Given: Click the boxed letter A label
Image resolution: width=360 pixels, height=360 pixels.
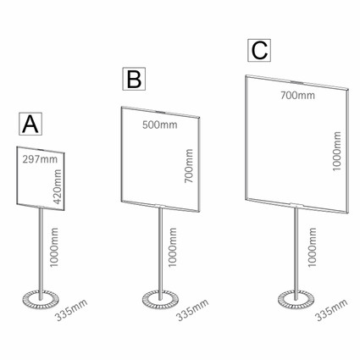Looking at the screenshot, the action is [30, 124].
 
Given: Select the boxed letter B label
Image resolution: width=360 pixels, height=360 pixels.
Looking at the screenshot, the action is [134, 79].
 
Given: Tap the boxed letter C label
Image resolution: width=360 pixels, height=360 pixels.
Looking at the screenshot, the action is [259, 50].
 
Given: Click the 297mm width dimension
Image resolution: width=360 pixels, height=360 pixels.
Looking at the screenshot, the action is [40, 159].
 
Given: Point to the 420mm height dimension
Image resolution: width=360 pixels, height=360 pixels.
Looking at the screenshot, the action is [58, 186].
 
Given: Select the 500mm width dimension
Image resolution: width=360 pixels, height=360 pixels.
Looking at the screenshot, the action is [160, 125].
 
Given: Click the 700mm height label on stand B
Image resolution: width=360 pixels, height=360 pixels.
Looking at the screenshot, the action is [189, 166].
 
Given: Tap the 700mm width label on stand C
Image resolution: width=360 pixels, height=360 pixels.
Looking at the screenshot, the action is [297, 95].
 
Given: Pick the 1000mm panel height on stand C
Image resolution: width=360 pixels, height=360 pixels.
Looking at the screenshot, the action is [336, 151].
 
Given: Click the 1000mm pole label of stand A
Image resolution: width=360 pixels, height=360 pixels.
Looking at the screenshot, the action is [53, 247].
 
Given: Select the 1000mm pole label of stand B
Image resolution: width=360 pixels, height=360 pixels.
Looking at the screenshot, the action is [172, 247].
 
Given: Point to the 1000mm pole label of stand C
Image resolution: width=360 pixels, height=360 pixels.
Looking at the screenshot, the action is [312, 247].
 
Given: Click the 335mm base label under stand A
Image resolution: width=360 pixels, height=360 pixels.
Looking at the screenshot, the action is [71, 310].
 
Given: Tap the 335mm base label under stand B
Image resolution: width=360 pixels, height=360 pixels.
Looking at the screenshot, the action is [192, 310].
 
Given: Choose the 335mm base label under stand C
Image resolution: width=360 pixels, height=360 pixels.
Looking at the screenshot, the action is [331, 310].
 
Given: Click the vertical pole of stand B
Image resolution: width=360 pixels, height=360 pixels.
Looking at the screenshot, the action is [160, 253].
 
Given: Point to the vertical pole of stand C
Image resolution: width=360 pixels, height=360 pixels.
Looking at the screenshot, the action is [296, 253].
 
